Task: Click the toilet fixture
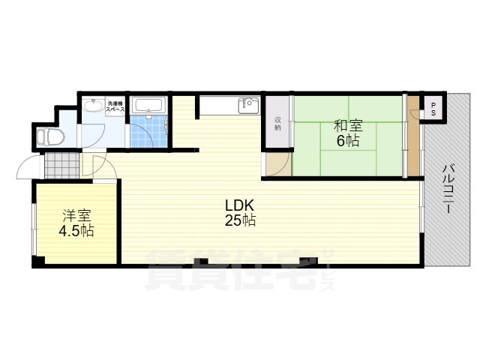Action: point(50,136)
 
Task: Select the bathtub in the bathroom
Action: point(149,105)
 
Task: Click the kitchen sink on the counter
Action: point(248,105)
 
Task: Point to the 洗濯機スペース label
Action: point(115,106)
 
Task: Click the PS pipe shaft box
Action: point(433,109)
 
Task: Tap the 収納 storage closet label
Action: point(277,123)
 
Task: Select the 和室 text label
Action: point(348,126)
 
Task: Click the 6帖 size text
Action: point(348,141)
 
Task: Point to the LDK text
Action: point(240,205)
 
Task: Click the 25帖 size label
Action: point(240,220)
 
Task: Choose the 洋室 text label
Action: point(76,216)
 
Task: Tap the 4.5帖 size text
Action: point(76,231)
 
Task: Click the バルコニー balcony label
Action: point(448,188)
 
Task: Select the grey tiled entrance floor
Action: point(62,165)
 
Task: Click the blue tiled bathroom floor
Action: point(148,132)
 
